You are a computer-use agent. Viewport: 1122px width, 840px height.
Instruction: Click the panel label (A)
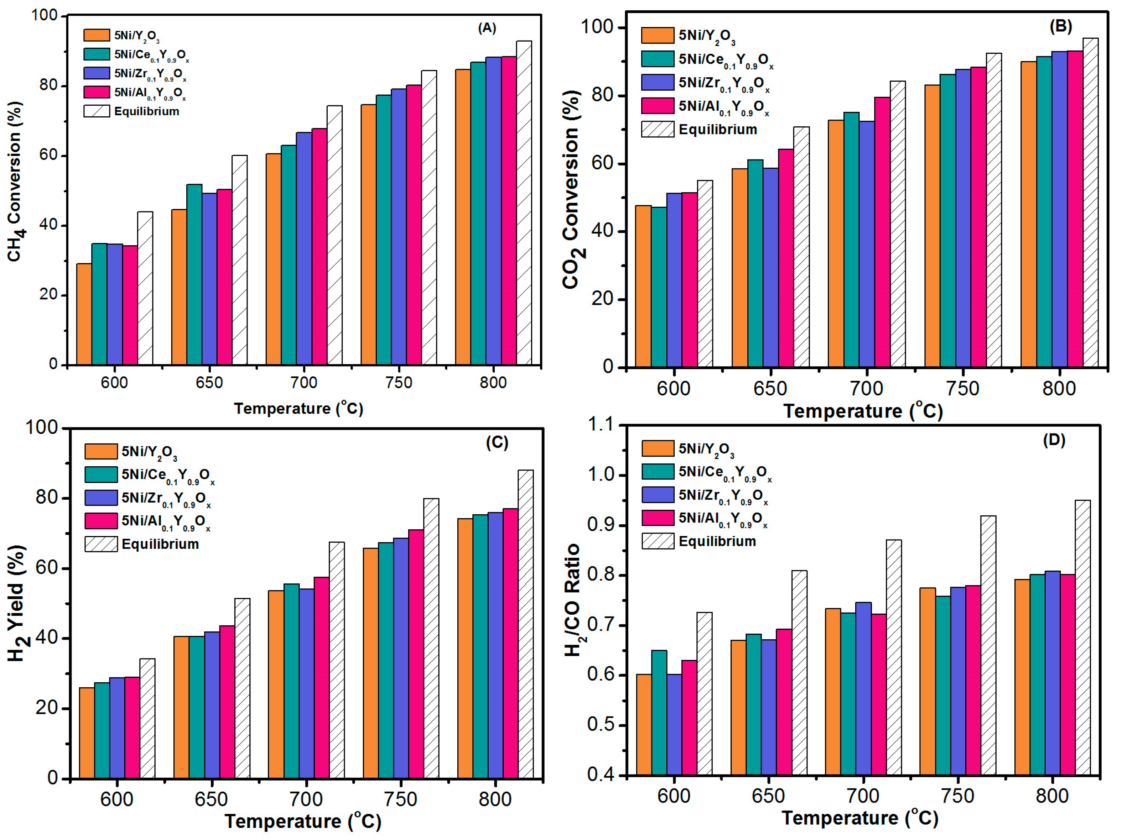coord(487,28)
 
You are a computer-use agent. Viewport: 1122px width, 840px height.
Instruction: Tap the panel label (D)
coord(1054,440)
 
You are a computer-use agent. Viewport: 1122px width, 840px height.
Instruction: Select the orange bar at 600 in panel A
coord(84,314)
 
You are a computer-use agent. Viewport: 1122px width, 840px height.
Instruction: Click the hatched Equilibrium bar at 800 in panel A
coord(524,203)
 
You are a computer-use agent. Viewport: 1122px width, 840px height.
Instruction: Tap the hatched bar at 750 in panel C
coord(431,639)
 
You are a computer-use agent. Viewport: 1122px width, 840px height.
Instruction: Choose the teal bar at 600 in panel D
coord(659,712)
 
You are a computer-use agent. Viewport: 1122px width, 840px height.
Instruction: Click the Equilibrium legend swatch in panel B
coord(658,129)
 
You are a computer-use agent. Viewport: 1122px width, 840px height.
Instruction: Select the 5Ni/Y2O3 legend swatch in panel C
coord(101,451)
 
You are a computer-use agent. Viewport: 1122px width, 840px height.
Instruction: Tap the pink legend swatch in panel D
coord(658,518)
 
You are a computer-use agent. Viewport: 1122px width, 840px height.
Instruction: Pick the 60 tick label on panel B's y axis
coord(602,164)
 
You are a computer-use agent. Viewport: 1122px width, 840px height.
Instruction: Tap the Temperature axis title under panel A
coord(298,408)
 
